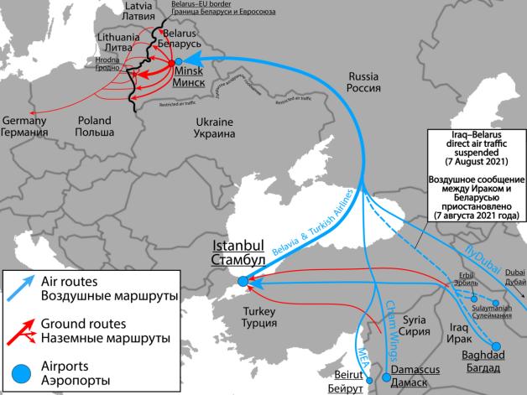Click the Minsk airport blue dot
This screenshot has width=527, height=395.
pos(179,61)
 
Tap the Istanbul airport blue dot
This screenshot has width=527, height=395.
pos(243,282)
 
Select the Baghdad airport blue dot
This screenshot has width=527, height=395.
pos(495,346)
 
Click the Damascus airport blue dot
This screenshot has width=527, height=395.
pos(386,377)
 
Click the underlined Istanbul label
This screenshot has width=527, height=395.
pos(238,247)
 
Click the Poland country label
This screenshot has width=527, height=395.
pos(93,120)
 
